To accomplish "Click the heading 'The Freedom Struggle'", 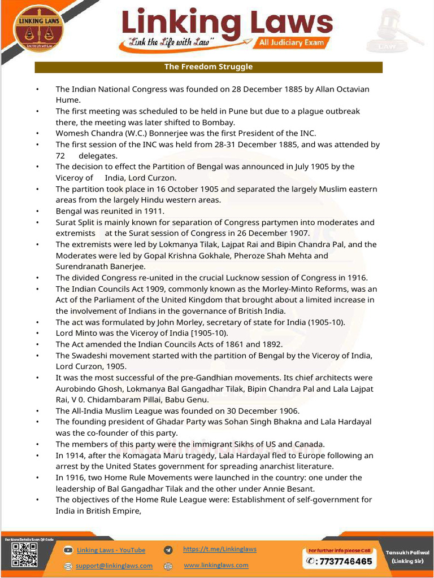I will pyautogui.click(x=208, y=67).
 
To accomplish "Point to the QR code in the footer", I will pyautogui.click(x=24, y=555).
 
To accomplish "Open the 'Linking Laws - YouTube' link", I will pyautogui.click(x=111, y=550).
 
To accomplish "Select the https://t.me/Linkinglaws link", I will pyautogui.click(x=219, y=549).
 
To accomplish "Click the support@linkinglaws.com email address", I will pyautogui.click(x=114, y=566).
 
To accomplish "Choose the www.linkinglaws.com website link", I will pyautogui.click(x=216, y=565).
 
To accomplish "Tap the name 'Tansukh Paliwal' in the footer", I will pyautogui.click(x=407, y=553).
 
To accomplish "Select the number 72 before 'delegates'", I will pyautogui.click(x=60, y=156).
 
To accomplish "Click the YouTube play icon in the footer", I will pyautogui.click(x=68, y=550).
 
